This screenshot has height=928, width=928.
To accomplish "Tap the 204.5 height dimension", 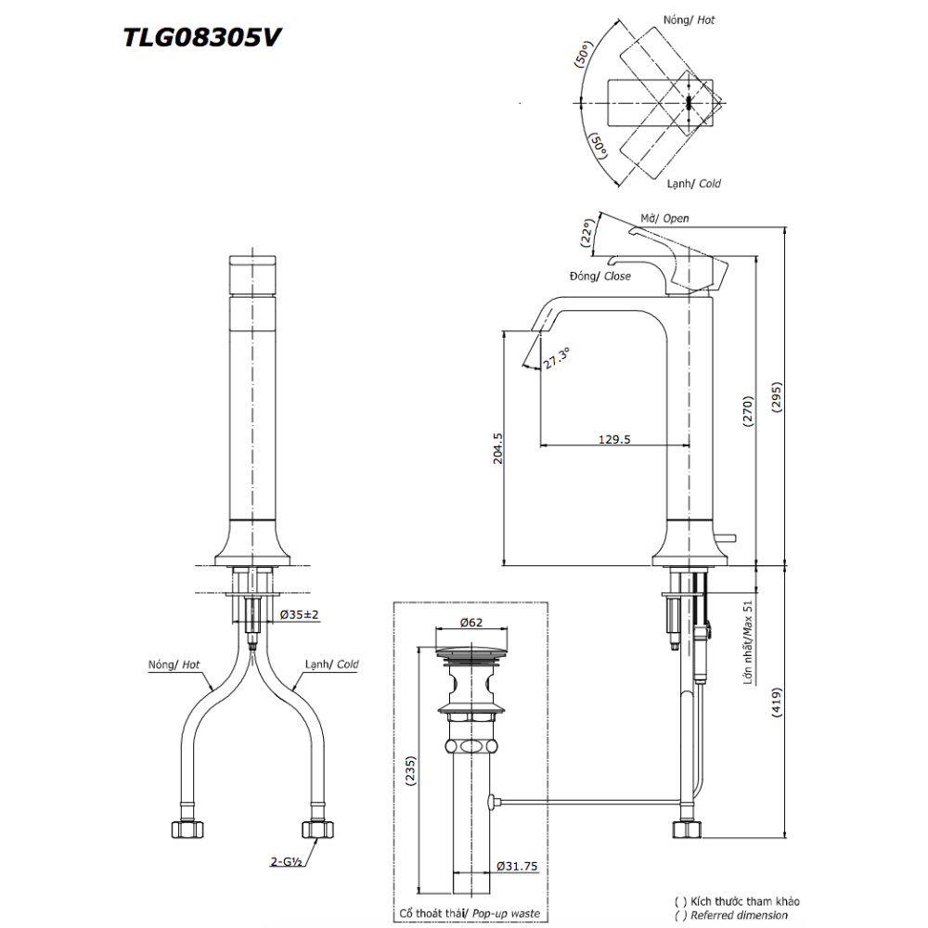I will [x=498, y=446].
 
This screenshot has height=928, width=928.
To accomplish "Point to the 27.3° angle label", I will [x=557, y=358].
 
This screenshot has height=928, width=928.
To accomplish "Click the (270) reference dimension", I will [x=748, y=409].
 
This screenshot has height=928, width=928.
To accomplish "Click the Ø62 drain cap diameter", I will [x=472, y=624].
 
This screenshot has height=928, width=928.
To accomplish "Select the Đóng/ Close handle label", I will [x=600, y=277].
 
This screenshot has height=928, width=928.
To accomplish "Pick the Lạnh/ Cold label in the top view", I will [x=692, y=184].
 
